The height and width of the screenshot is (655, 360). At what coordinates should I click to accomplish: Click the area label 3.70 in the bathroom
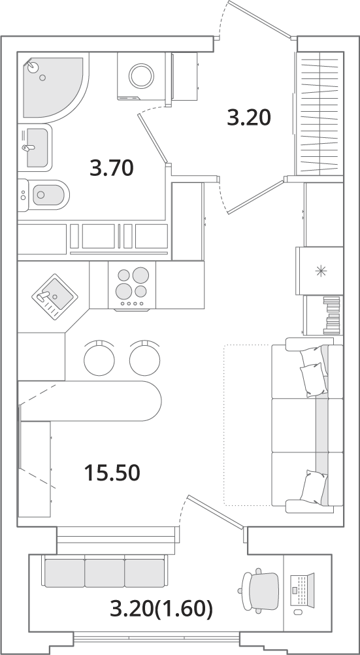click(112, 168)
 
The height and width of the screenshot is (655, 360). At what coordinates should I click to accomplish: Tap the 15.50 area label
click(112, 473)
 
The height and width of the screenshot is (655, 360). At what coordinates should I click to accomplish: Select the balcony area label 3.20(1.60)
click(161, 609)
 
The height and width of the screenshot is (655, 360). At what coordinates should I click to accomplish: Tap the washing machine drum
click(142, 76)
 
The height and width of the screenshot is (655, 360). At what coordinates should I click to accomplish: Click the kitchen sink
click(55, 297)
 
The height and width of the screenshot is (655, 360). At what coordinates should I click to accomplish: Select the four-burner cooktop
click(132, 286)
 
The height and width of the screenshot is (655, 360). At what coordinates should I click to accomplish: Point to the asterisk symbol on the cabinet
click(321, 271)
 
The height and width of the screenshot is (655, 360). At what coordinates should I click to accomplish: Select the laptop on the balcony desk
click(301, 590)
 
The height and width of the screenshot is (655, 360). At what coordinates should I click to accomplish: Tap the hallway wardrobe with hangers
click(319, 113)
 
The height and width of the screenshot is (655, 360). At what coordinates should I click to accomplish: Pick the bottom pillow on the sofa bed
click(314, 487)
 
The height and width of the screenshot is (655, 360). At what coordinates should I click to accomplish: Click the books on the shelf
click(332, 315)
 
